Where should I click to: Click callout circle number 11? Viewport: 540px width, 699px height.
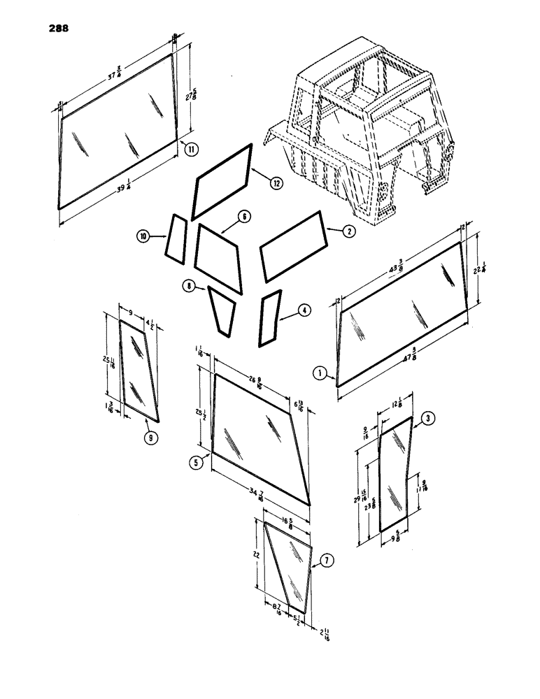190,147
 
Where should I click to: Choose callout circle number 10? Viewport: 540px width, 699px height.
143,238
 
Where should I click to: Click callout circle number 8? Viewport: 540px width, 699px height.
188,285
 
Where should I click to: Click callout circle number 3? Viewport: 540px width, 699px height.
429,419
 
